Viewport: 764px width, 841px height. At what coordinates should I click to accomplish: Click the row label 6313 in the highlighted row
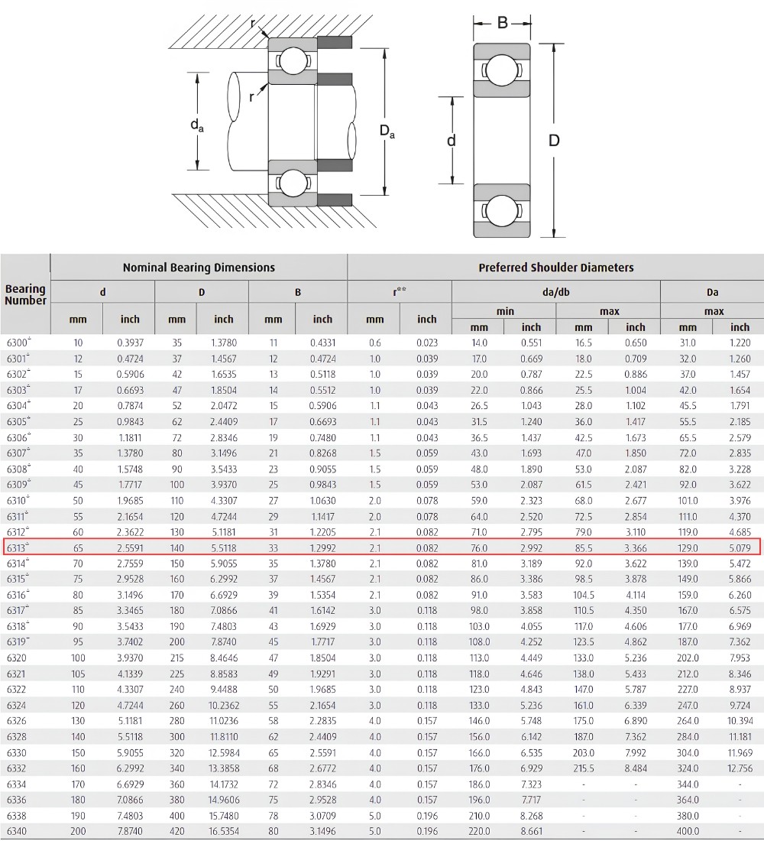[x=17, y=548]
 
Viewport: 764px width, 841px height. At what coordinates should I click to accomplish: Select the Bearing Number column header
[x=25, y=294]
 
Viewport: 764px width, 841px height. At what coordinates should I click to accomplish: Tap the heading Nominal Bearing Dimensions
[x=199, y=267]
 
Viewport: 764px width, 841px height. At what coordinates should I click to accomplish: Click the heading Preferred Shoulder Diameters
[x=556, y=267]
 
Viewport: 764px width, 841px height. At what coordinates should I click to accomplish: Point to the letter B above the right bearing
[x=503, y=22]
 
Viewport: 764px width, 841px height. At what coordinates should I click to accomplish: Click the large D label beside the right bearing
[x=554, y=141]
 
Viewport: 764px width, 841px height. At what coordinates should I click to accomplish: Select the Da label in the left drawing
[x=387, y=131]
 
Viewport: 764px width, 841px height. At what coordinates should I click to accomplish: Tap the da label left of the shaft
[x=197, y=125]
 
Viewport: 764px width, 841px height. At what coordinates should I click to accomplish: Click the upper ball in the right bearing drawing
[x=501, y=70]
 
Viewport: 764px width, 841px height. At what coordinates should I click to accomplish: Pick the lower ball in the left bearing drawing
[x=293, y=183]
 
